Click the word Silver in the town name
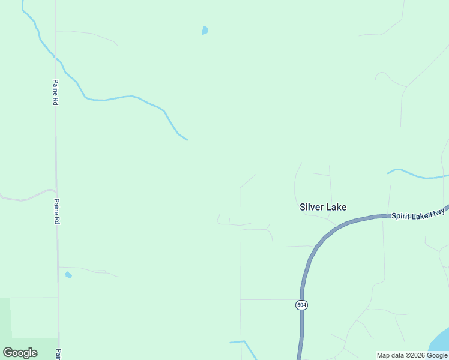click(x=312, y=207)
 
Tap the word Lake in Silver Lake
click(x=336, y=207)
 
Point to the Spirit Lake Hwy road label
click(x=418, y=214)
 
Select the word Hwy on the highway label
click(x=438, y=212)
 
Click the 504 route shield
click(x=302, y=305)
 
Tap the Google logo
click(x=20, y=353)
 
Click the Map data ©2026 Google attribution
click(x=412, y=355)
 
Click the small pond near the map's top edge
click(x=205, y=31)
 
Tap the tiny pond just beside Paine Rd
click(x=68, y=275)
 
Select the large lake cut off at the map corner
click(x=441, y=342)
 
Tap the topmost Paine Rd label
click(x=55, y=92)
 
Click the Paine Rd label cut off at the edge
click(x=59, y=354)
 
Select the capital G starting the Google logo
click(x=8, y=353)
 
